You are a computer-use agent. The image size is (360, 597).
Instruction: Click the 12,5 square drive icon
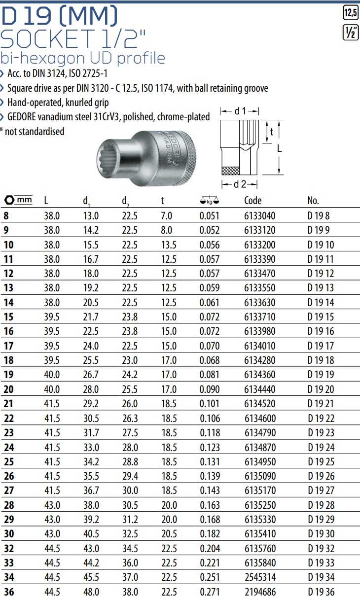351,12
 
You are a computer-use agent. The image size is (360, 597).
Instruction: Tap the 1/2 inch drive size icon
351,32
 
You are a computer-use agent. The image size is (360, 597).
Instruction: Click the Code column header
252,201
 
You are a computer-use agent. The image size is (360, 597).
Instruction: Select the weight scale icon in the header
210,201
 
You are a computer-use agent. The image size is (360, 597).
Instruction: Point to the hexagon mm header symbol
18,200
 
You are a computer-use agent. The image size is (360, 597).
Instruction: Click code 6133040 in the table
260,215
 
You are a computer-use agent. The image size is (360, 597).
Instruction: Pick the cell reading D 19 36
321,592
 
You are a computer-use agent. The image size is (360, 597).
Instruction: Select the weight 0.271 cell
210,592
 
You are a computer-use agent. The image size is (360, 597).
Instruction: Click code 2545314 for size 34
260,577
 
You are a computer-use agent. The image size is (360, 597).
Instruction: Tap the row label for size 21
8,404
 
